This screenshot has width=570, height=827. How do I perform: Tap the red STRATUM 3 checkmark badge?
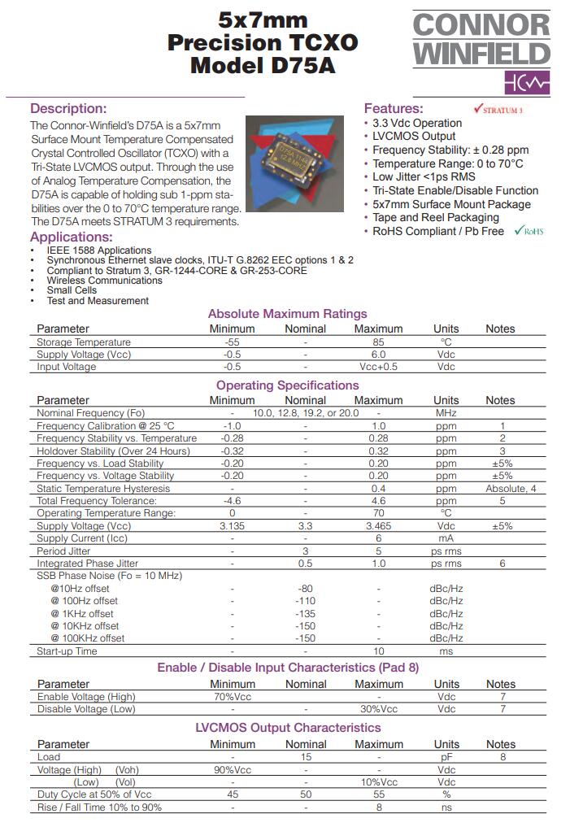pos(498,109)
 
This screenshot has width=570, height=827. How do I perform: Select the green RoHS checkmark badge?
pos(529,231)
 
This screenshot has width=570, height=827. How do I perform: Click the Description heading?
pos(68,108)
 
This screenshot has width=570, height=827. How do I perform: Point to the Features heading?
pos(394,108)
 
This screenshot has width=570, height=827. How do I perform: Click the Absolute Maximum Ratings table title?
pos(287,314)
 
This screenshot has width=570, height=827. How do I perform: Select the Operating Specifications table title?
pos(287,385)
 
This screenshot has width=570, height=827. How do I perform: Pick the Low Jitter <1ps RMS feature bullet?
pos(424,176)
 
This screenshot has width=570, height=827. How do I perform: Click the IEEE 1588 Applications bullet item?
pos(99,250)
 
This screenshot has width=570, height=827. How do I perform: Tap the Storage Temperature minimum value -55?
pos(232,342)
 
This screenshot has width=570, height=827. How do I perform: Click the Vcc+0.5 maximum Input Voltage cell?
pos(378,367)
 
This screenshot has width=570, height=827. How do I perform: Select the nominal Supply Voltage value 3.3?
pos(305,526)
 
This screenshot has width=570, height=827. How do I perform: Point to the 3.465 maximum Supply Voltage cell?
pos(378,526)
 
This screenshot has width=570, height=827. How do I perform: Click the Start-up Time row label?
pos(67,651)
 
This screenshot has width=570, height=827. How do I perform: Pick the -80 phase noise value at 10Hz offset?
pos(305,588)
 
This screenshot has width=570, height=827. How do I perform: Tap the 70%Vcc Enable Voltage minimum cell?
pos(232,697)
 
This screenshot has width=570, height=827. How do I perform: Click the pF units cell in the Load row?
pos(446,757)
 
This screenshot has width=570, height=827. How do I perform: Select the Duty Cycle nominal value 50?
pos(305,794)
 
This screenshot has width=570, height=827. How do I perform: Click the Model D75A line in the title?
pos(263,65)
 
